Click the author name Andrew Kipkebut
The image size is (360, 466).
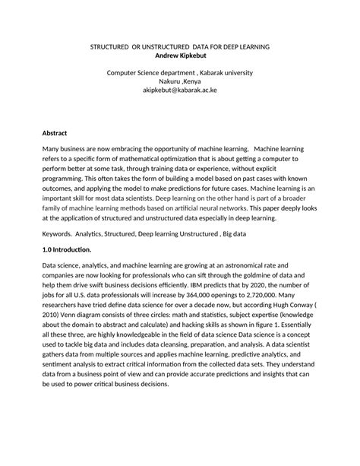[x=179, y=55]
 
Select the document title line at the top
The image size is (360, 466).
[x=180, y=46]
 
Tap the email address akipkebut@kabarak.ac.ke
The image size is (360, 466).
[x=179, y=90]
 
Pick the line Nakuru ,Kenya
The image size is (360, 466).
[x=179, y=81]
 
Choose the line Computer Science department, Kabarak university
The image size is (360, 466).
[x=179, y=72]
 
